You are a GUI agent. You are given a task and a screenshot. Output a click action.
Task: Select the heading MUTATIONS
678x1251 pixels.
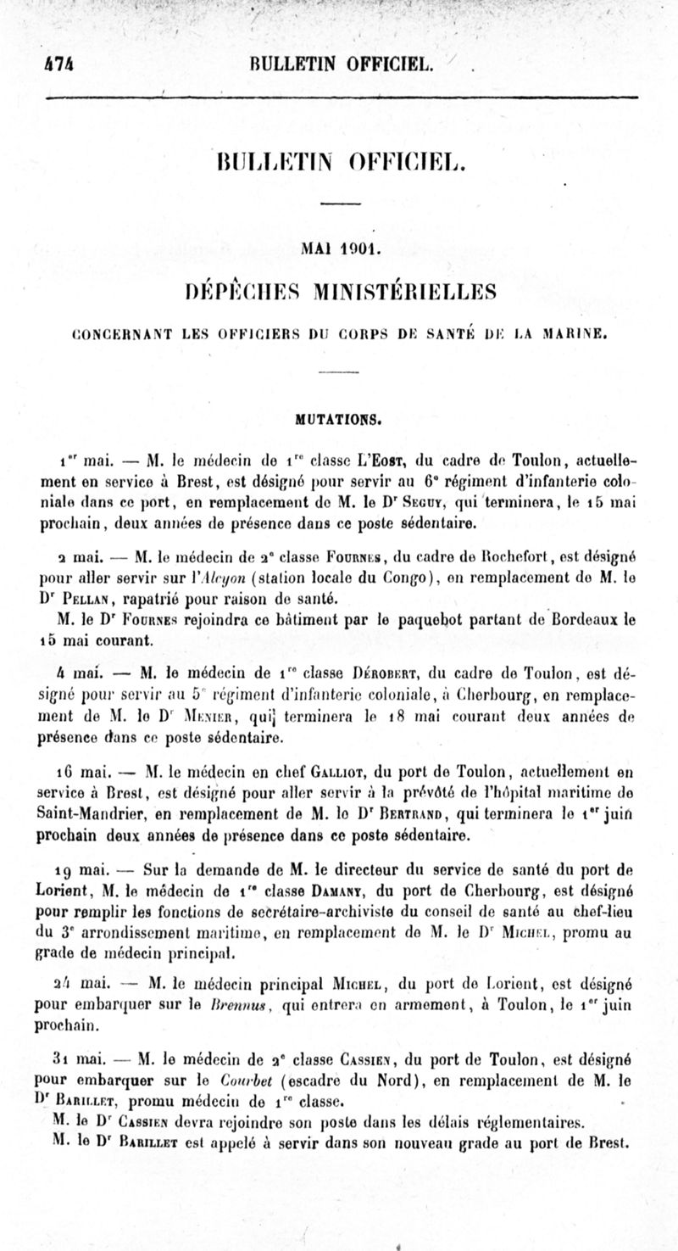[x=338, y=417]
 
